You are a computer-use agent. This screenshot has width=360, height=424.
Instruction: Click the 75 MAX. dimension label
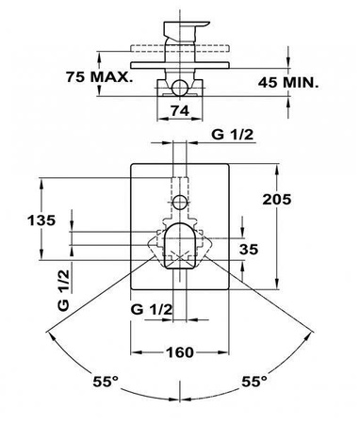tap(99, 77)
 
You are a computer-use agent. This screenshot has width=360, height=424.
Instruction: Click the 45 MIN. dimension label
tap(288, 83)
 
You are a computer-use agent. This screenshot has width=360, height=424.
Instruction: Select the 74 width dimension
tap(180, 110)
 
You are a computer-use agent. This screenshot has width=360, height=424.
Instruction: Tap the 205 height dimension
tap(277, 199)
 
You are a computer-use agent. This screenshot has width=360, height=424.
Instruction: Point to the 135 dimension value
tap(41, 220)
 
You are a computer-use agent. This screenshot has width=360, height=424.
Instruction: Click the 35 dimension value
tap(249, 250)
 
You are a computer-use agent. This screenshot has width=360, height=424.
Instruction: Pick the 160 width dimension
tap(180, 352)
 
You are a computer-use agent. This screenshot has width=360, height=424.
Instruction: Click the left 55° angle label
tap(106, 382)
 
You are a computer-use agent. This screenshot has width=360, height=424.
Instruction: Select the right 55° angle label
tap(254, 382)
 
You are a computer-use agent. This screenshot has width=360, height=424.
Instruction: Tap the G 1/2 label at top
tap(232, 135)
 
